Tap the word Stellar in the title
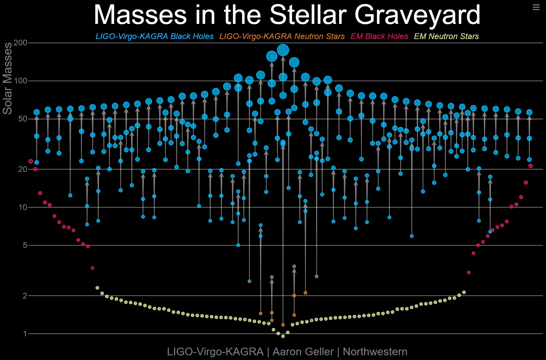(x=308, y=15)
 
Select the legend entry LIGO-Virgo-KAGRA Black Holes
(x=154, y=36)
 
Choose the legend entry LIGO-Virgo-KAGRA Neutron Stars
(x=282, y=36)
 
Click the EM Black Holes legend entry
(x=379, y=36)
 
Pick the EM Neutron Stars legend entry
(x=446, y=36)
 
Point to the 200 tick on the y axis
(x=21, y=43)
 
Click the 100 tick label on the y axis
(x=21, y=81)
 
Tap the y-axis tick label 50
(x=23, y=119)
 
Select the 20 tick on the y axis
(x=23, y=169)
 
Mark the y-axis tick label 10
(x=23, y=207)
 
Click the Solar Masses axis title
(x=7, y=78)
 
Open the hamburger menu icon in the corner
(x=536, y=7)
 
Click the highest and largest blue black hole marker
(x=283, y=50)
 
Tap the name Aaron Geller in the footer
(x=303, y=352)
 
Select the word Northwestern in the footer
(x=375, y=352)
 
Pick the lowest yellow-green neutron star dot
(x=283, y=336)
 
